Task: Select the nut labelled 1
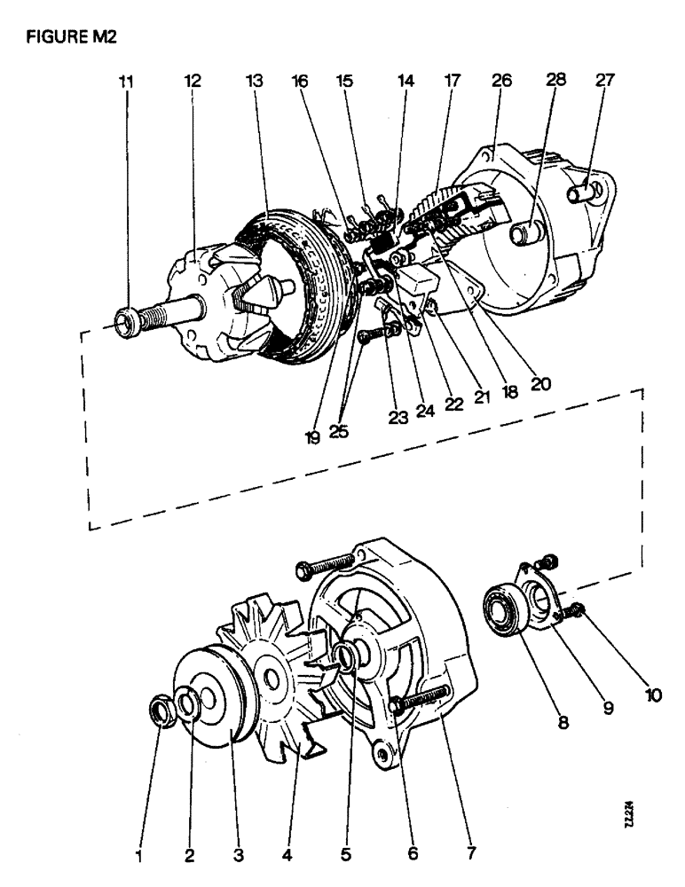coord(161,709)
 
